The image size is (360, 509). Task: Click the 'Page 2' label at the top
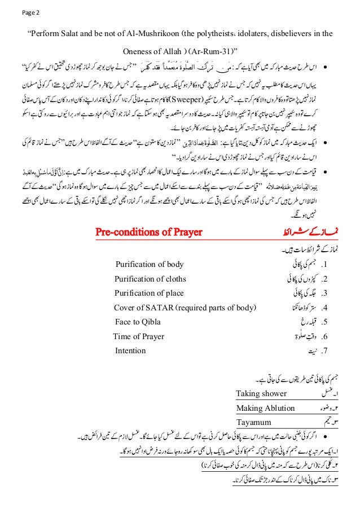click(x=16, y=12)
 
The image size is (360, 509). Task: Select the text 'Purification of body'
click(x=150, y=264)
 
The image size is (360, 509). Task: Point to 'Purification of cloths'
click(x=150, y=278)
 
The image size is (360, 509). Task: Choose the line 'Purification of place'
click(x=150, y=293)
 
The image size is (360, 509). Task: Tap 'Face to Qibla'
click(x=138, y=322)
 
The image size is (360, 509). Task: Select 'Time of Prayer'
click(x=139, y=337)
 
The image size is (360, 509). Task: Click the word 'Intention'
click(x=130, y=350)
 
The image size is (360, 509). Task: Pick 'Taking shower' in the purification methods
click(x=261, y=393)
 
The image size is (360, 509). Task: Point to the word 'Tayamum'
click(x=253, y=422)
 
